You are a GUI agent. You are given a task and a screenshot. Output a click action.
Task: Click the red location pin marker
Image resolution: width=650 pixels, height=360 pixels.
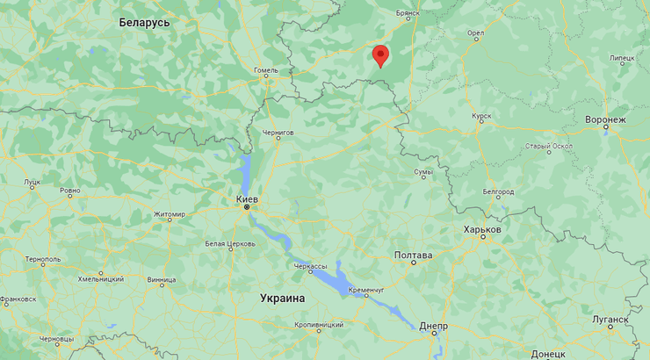coord(379,55)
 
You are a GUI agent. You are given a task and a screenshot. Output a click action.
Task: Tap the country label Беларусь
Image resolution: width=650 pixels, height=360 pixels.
coord(144,22)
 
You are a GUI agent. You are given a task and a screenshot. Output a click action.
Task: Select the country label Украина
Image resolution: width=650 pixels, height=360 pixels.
coord(283,299)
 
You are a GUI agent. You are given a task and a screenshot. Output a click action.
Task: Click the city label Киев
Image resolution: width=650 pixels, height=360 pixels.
coord(248,200)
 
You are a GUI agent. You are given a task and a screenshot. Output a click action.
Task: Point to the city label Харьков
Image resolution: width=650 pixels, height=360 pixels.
coord(482,229)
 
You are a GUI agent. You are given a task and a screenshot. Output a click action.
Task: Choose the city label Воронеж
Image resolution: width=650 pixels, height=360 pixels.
coord(606,119)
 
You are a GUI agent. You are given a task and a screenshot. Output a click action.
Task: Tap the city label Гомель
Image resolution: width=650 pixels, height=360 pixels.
coord(265,70)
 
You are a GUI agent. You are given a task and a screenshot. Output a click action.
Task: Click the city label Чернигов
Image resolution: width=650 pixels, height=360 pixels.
coord(278,133)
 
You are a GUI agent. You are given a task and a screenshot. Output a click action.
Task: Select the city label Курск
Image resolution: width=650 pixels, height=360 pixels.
coord(480,115)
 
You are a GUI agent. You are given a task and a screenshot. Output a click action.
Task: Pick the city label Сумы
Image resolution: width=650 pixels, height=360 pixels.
coord(423,172)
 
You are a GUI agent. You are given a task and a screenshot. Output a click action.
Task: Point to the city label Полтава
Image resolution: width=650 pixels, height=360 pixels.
coord(413,256)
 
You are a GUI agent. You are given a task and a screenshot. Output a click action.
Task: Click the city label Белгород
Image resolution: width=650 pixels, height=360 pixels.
coord(498,191)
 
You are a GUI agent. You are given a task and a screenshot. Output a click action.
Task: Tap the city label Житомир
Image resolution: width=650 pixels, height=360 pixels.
coord(170,214)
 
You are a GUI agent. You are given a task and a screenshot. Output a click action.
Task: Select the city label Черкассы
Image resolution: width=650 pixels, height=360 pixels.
coord(310,265)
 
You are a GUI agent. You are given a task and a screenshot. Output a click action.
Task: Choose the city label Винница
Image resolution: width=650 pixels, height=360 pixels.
coord(162,281)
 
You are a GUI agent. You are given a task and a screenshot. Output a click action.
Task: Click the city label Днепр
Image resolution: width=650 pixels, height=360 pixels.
coord(433,326)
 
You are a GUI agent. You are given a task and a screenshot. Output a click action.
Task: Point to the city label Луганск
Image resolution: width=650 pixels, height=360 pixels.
coord(610,320)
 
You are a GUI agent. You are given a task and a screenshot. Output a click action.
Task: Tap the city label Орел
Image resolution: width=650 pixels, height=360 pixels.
coord(476,34)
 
